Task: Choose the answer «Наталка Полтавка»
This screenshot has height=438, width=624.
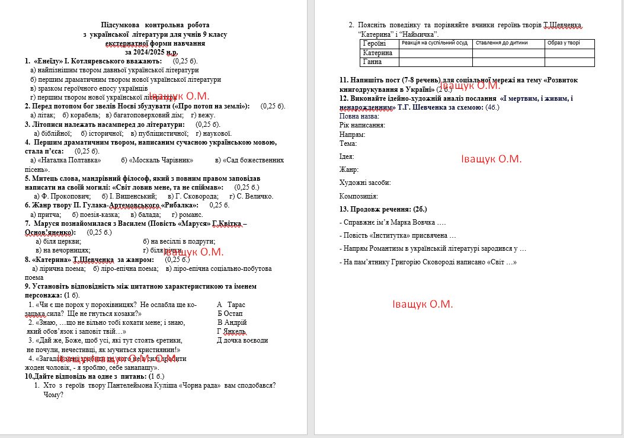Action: click(x=69, y=160)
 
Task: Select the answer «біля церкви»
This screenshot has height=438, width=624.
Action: click(x=59, y=241)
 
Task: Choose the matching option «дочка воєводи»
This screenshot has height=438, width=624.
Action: click(x=242, y=340)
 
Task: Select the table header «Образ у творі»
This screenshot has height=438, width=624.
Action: click(x=564, y=43)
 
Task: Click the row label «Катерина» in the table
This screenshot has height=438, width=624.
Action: click(x=377, y=53)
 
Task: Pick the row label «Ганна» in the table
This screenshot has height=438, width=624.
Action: click(x=373, y=62)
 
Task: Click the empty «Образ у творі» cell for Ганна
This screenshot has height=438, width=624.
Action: click(x=569, y=62)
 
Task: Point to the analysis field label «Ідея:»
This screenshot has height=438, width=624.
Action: click(x=347, y=156)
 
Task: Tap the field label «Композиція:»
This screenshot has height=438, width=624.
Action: click(x=359, y=196)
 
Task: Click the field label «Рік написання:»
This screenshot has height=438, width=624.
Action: click(x=362, y=125)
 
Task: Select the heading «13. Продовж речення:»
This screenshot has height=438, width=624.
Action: click(x=383, y=209)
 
